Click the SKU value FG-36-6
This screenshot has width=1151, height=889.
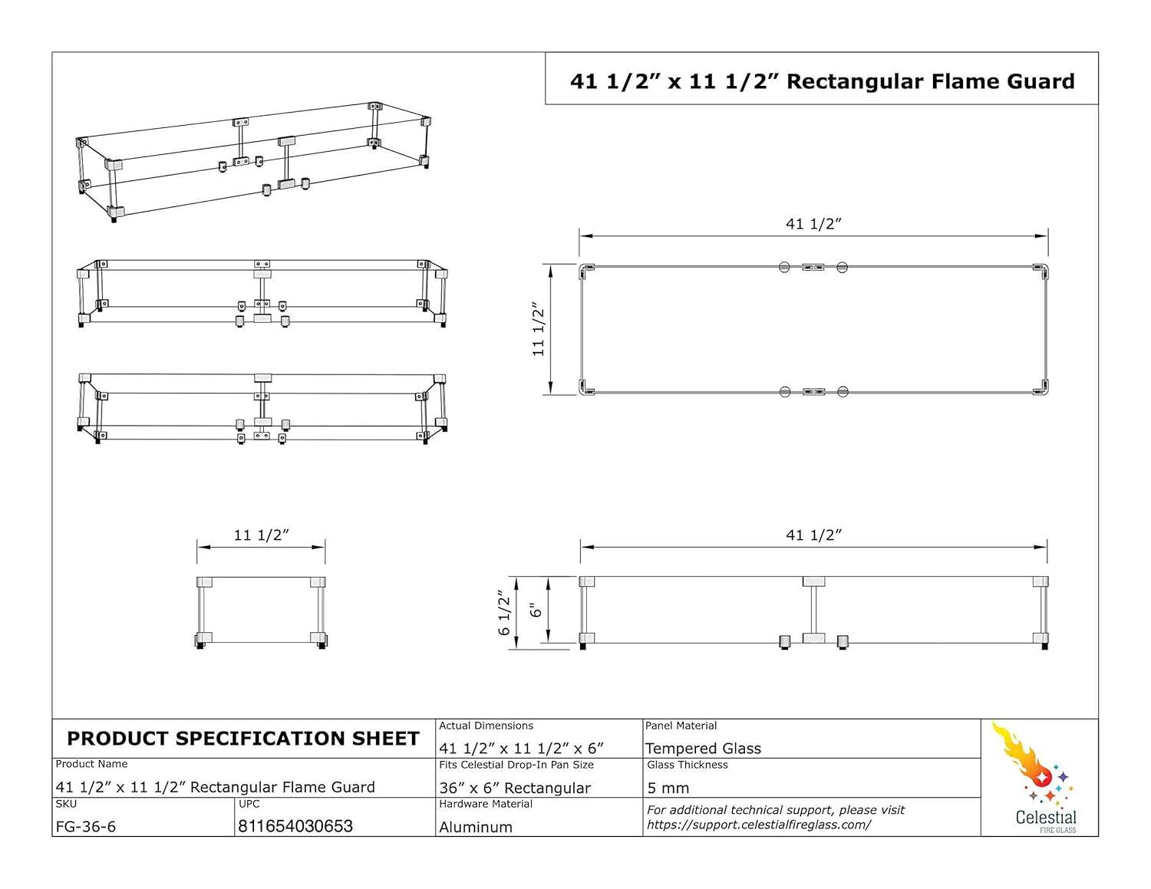[x=86, y=827]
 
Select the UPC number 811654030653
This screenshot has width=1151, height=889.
[x=295, y=826]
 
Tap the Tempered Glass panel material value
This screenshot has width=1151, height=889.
[x=703, y=749]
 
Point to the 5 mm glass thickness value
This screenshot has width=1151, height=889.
[x=668, y=788]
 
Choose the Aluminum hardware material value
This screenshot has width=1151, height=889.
[x=476, y=827]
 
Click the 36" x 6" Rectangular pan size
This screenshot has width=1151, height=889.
[x=515, y=788]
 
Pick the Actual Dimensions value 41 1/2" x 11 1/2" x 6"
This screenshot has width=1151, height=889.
[x=522, y=748]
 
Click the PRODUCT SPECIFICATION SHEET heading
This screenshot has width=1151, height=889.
[x=243, y=739]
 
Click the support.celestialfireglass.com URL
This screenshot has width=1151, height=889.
[x=759, y=825]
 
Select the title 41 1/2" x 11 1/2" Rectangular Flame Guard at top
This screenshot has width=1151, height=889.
[x=822, y=81]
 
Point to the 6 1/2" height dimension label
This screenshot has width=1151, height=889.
[x=504, y=612]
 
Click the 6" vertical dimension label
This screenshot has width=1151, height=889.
[x=536, y=610]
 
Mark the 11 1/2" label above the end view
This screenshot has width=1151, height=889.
[x=261, y=535]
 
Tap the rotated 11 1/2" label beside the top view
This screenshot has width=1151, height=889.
[x=539, y=330]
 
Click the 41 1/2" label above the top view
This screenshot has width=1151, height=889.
[x=813, y=224]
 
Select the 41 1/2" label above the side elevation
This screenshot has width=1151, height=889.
[x=813, y=535]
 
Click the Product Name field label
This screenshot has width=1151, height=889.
[x=91, y=764]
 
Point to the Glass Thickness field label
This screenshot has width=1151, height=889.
[x=687, y=765]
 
